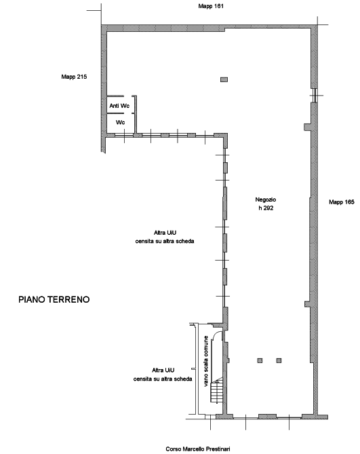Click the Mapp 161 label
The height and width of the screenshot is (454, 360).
coord(211,6)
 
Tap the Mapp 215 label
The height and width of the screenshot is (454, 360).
coord(74,77)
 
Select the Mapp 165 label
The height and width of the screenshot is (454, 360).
coord(342,202)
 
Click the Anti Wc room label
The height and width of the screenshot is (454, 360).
coord(119,106)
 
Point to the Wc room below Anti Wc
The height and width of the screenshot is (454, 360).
coord(120,122)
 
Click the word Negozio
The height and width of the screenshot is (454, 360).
coord(266,200)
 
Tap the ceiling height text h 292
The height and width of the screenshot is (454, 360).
coord(266,208)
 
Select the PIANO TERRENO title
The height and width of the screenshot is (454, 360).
coord(54,299)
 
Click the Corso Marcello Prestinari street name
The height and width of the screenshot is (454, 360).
coord(198,449)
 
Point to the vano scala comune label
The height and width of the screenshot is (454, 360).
coord(206,361)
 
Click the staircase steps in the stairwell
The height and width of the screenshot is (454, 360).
coord(217,392)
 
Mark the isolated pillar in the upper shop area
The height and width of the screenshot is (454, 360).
coord(224,79)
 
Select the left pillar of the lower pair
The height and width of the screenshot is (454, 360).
coord(260,360)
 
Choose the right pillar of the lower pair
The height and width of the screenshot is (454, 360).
coord(279,360)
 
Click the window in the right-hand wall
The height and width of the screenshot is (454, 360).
coord(315,95)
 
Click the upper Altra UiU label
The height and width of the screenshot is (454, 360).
coord(165,237)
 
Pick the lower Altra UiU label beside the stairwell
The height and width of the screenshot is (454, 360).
coord(163,375)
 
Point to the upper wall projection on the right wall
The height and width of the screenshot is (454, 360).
coord(308,127)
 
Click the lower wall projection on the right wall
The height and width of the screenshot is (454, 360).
coord(308,304)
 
